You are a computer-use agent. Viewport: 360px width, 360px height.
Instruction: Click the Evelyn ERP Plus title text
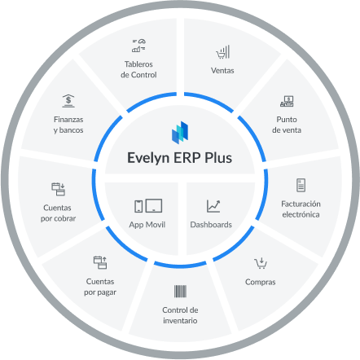pos(180,158)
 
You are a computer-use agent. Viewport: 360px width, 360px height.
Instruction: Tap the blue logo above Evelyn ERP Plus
pos(180,133)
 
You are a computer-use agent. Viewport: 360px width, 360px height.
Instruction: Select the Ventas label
pos(222,71)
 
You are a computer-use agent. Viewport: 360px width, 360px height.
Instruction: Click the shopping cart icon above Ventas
pos(222,52)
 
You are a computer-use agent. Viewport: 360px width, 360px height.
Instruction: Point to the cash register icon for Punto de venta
pos(287,101)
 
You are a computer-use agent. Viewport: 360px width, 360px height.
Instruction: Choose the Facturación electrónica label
pos(301,209)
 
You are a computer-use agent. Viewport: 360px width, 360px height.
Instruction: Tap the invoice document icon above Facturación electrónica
pos(301,185)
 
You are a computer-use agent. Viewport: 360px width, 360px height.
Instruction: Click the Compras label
pos(261,282)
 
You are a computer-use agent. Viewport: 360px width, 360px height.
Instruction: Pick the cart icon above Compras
pos(261,263)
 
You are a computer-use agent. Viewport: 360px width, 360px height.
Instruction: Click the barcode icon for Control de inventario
pos(180,292)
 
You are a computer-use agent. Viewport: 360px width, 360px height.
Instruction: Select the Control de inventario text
pos(180,315)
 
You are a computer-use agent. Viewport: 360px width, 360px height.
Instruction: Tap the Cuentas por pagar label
pos(100,287)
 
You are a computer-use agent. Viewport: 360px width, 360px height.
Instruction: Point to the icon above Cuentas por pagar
pos(100,262)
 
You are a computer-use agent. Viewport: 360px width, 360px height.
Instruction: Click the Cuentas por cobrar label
pos(58,213)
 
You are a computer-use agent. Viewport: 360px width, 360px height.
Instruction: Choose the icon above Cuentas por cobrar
pos(58,189)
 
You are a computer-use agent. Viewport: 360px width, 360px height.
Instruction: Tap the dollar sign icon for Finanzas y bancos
pos(68,101)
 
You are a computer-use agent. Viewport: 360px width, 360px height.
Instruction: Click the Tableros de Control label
pos(138,69)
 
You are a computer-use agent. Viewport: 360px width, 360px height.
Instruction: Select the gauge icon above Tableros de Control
pos(138,46)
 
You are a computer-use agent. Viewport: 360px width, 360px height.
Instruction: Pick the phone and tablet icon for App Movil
pos(148,206)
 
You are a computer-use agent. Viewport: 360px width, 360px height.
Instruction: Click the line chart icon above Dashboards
pos(213,206)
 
